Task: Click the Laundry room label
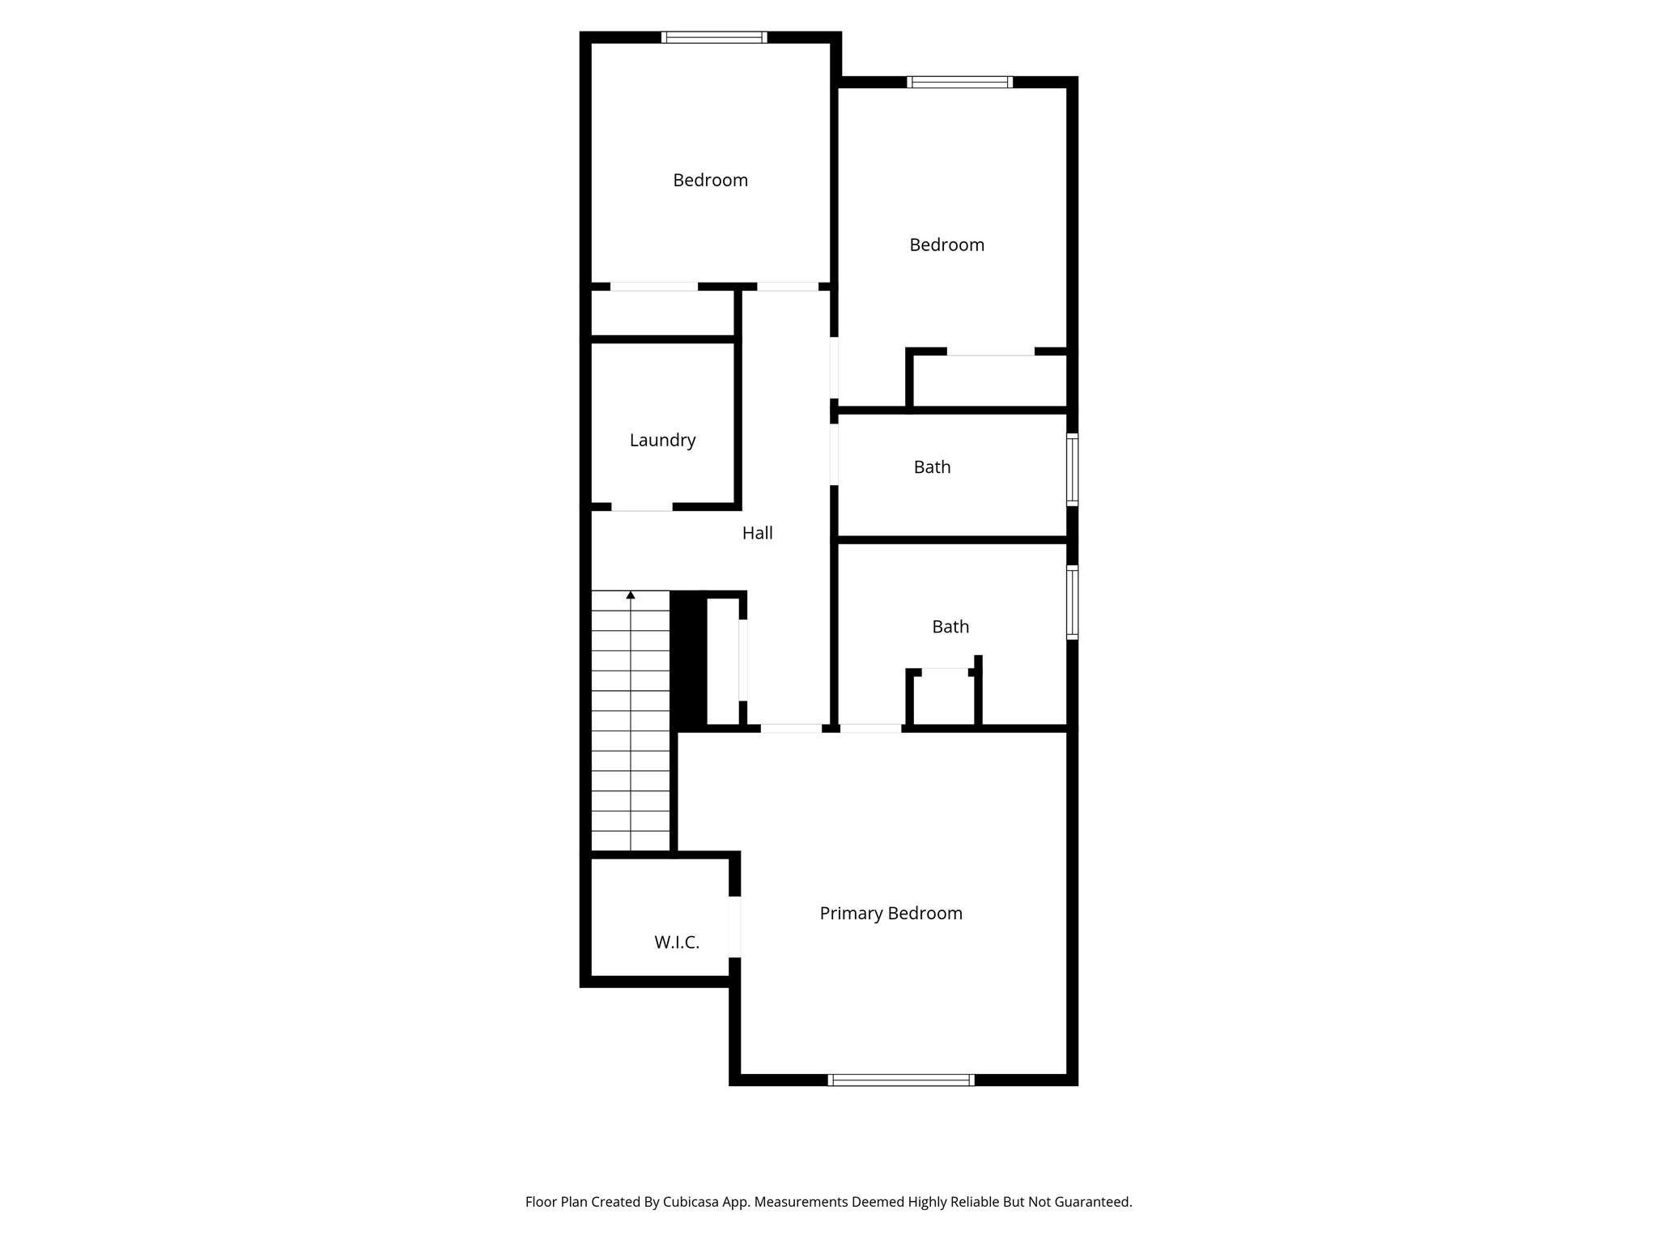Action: [x=662, y=440]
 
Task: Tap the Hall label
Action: [x=757, y=533]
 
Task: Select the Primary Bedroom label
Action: [x=891, y=914]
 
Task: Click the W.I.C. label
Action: [x=677, y=942]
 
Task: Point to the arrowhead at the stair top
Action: [x=631, y=595]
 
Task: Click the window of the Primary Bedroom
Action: [x=901, y=1080]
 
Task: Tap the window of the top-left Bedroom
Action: [x=714, y=37]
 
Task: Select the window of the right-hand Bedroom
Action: [x=960, y=82]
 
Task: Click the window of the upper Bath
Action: [x=1072, y=470]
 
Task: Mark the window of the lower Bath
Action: [x=1072, y=603]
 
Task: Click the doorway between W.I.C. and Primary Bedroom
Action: [x=734, y=927]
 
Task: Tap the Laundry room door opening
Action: [x=641, y=507]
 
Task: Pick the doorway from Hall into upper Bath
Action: [x=834, y=455]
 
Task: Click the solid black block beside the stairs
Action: [x=688, y=659]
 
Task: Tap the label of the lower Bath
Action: [x=950, y=626]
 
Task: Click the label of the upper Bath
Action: [x=932, y=466]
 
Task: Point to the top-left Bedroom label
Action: [x=710, y=180]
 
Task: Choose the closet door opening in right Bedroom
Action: [x=991, y=351]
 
